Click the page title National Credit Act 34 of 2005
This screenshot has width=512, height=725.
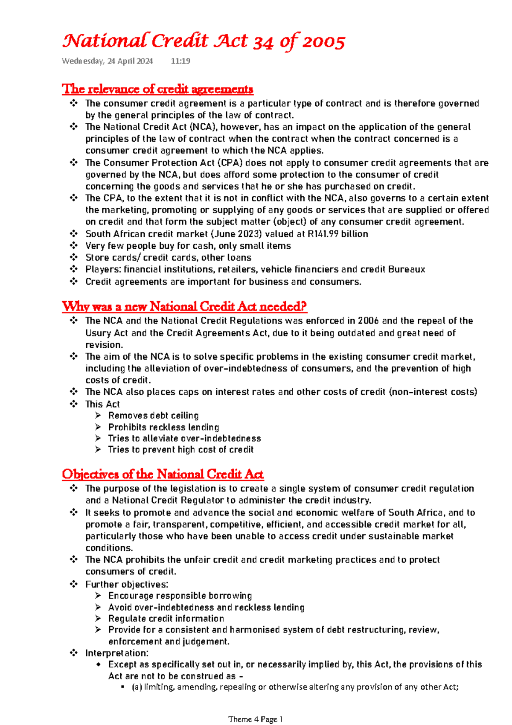pos(204,41)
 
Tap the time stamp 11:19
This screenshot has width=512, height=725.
pos(180,61)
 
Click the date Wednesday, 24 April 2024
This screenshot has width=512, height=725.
pos(107,61)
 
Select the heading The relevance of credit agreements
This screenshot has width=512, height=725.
pos(157,89)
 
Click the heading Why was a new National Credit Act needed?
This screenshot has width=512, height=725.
pos(184,306)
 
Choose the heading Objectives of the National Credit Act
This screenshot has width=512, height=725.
pos(163,474)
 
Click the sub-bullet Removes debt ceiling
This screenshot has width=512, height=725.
pos(153,415)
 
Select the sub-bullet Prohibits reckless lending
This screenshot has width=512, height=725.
pos(163,427)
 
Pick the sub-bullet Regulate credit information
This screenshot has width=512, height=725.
pos(166,618)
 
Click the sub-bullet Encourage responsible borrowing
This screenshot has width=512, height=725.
pos(180,595)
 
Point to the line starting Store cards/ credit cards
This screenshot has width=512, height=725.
pos(168,257)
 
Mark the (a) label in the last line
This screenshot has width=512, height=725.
pos(137,687)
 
